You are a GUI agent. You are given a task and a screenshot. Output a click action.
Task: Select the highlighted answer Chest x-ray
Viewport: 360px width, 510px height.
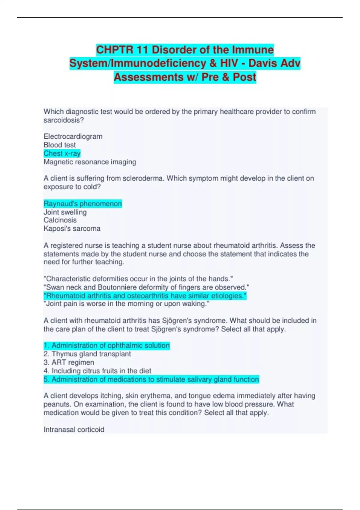click(62, 154)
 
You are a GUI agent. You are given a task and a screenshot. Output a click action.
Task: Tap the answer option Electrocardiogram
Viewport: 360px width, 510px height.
click(73, 136)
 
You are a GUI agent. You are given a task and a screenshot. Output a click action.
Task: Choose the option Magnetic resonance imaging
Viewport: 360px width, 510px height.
click(90, 162)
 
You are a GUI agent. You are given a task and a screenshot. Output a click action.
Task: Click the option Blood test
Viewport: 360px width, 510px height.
click(60, 145)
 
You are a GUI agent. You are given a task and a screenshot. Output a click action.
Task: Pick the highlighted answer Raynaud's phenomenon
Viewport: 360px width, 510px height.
click(83, 204)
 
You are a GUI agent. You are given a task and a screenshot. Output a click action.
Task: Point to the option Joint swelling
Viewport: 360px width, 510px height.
click(65, 212)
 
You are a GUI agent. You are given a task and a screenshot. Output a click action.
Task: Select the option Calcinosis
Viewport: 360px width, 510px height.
click(60, 220)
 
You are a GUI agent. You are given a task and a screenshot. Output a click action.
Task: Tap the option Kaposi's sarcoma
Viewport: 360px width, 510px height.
click(72, 229)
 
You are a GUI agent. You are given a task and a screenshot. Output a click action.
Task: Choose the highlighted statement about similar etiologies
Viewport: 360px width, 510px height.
click(145, 296)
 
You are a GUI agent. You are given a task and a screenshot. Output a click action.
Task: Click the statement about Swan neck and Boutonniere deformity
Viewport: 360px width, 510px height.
click(146, 287)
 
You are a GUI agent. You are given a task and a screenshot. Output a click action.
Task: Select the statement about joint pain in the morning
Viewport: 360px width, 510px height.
click(126, 304)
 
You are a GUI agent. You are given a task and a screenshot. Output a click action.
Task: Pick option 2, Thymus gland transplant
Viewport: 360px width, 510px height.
click(87, 354)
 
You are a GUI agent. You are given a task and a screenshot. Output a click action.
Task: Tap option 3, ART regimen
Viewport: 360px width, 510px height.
click(69, 362)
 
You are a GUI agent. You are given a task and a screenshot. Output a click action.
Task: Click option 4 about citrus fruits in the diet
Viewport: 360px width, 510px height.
click(97, 371)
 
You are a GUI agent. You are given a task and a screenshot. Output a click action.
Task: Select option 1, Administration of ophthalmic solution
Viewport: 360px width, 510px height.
click(107, 346)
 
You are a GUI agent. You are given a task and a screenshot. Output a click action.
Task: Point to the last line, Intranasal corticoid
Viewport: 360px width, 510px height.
click(74, 430)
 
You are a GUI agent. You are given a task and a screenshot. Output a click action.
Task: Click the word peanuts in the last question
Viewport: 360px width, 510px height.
click(57, 404)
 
